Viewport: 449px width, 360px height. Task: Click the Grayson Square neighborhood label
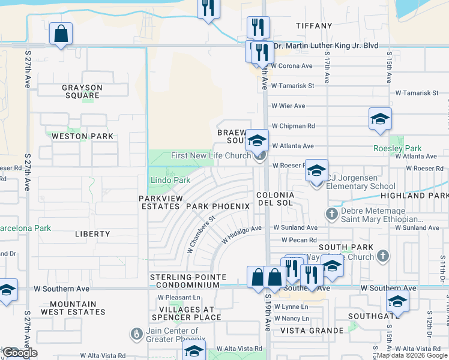(82, 91)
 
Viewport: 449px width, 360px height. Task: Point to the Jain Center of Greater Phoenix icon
(137, 332)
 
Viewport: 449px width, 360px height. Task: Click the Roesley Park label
(397, 148)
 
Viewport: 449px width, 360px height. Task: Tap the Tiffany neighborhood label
(314, 26)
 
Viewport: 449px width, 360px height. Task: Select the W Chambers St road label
(200, 235)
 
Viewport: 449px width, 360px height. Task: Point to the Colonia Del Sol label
(275, 200)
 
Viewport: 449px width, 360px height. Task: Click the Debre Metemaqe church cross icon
(331, 213)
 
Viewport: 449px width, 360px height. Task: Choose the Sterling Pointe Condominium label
(188, 281)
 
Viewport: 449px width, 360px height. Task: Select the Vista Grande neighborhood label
(310, 331)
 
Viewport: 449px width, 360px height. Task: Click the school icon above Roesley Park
(380, 119)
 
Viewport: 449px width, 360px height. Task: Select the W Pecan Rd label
(291, 240)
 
